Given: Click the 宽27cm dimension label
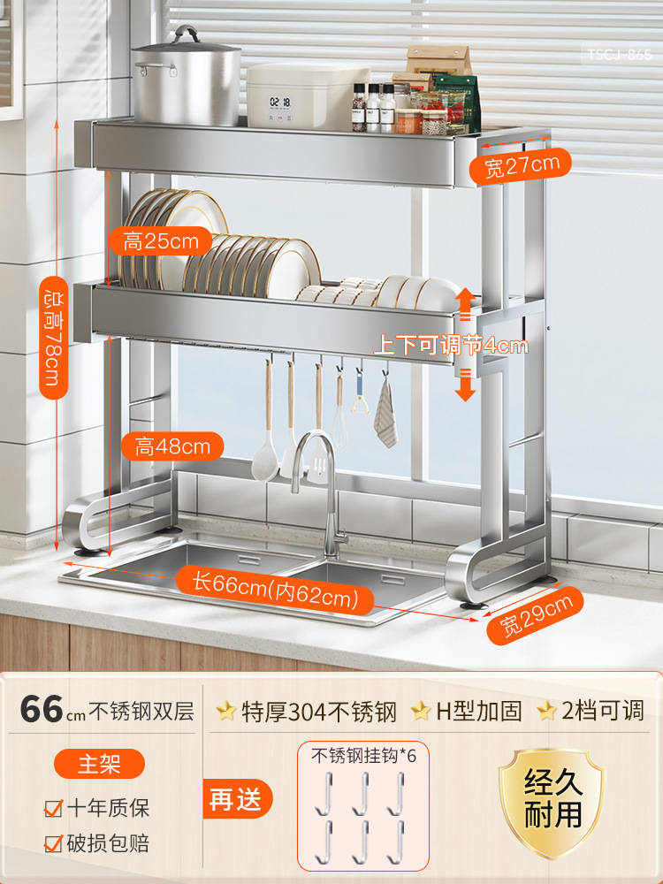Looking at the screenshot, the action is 522,165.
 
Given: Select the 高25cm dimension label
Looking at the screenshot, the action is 161,240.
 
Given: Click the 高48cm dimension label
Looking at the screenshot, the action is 172,446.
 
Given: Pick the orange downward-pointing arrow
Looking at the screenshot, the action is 466,385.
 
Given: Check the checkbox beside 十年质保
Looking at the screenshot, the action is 54,807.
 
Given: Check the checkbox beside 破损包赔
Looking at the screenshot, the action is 54,843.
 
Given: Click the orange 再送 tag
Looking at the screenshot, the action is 236,799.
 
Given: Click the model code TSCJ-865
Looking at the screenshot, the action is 620,55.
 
